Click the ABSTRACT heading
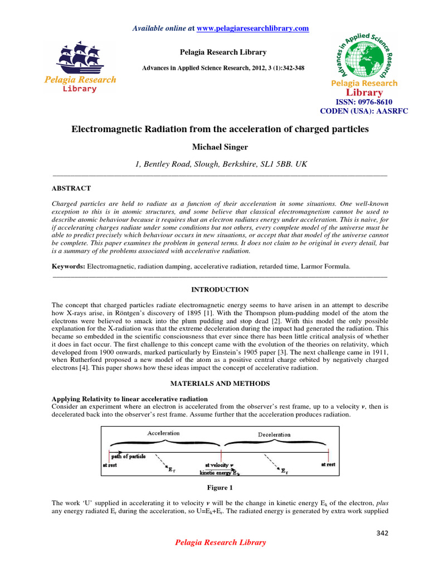pyautogui.click(x=71, y=188)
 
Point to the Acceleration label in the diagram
pyautogui.click(x=163, y=433)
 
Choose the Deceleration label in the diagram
pyautogui.click(x=274, y=434)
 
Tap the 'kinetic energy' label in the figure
pyautogui.click(x=220, y=472)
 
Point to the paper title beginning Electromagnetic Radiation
pyautogui.click(x=220, y=129)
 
